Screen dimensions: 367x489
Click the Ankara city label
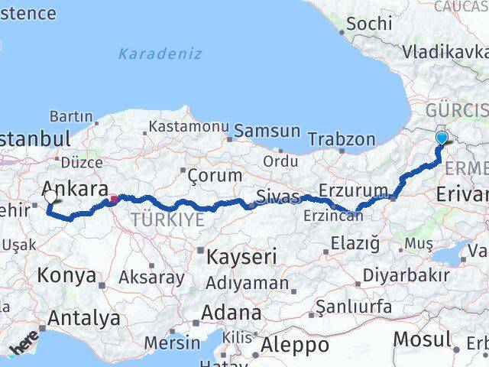[73, 188]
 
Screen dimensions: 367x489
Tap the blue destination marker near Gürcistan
[442, 138]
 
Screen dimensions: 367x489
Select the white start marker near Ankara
[50, 196]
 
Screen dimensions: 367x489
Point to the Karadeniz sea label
[160, 54]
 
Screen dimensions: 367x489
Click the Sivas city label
[277, 196]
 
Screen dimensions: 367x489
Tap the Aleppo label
[295, 346]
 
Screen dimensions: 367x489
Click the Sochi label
[369, 24]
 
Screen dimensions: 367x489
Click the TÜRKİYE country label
[167, 220]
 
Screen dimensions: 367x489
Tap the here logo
[24, 348]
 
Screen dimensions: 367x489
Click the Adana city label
[231, 313]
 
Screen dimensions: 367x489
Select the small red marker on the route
[114, 200]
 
